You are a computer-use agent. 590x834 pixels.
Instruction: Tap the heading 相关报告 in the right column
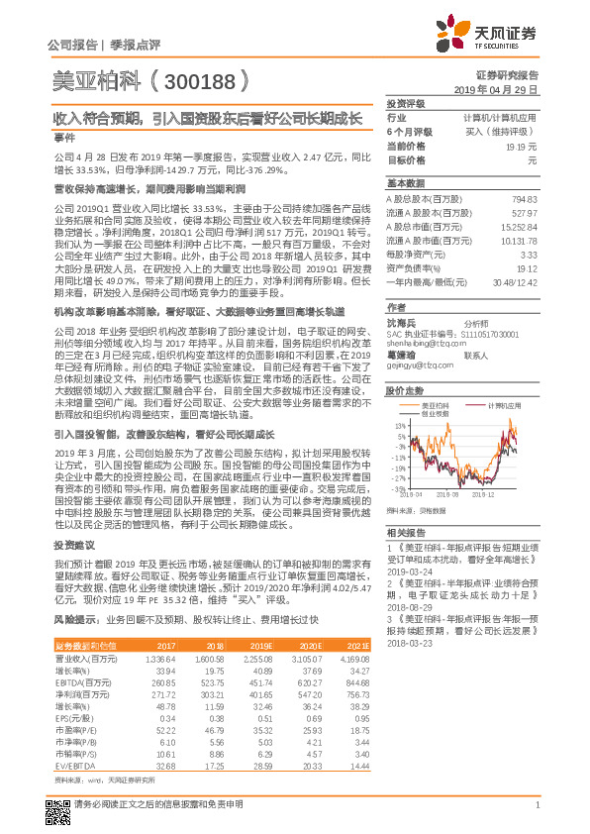[406, 533]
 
